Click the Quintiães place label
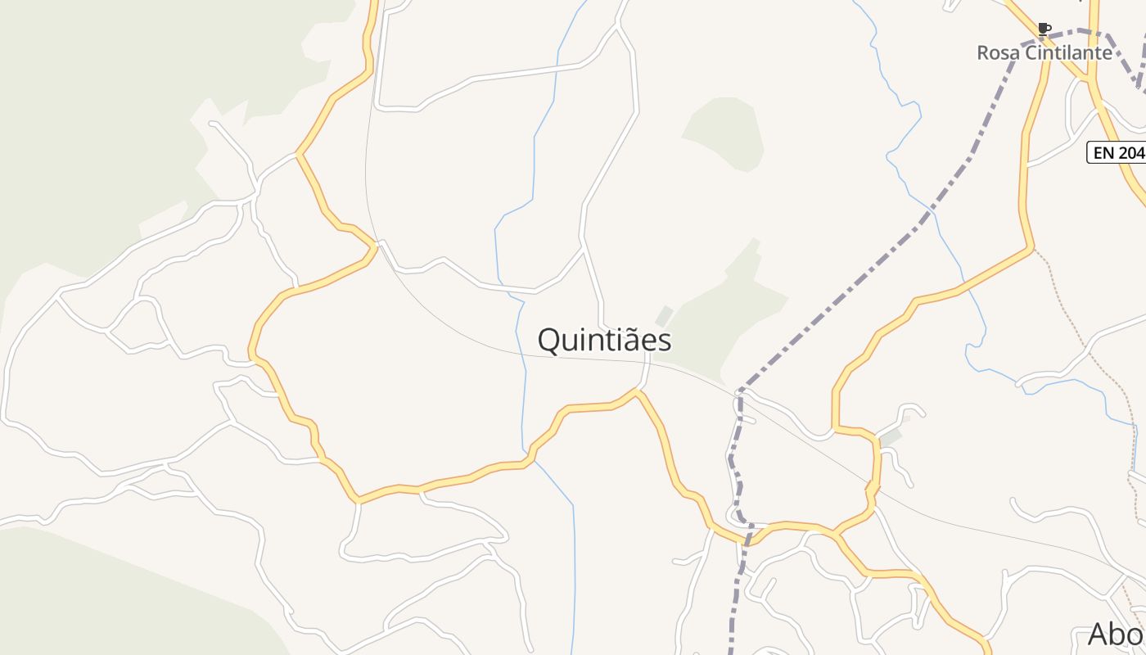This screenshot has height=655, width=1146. pyautogui.click(x=604, y=341)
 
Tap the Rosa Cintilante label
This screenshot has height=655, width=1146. pyautogui.click(x=1044, y=53)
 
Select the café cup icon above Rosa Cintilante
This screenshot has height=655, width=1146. pyautogui.click(x=1044, y=29)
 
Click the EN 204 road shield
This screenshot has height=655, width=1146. pyautogui.click(x=1117, y=152)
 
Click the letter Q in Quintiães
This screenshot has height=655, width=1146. pyautogui.click(x=549, y=341)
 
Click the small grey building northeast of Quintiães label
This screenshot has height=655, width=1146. pyautogui.click(x=664, y=315)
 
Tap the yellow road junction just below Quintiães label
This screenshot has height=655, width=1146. pyautogui.click(x=637, y=392)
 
